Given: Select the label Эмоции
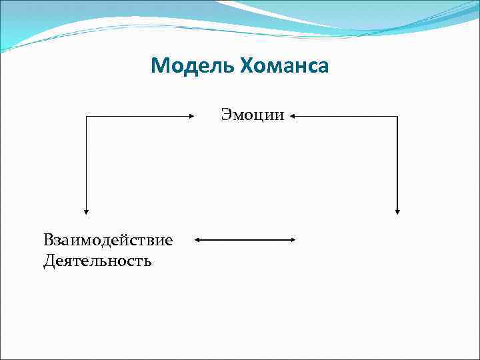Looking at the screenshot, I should click(253, 115).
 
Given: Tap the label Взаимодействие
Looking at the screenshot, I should click(108, 240).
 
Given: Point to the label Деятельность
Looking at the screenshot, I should click(97, 260).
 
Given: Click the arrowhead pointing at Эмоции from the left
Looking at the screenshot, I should click(190, 116).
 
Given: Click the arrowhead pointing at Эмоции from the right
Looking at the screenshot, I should click(293, 116).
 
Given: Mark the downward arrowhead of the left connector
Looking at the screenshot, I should click(86, 210).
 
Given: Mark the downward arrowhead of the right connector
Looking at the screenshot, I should click(397, 210).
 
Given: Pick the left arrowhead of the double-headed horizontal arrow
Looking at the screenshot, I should click(198, 240).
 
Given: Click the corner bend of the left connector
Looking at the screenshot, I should click(86, 116).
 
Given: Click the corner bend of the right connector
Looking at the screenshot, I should click(397, 116).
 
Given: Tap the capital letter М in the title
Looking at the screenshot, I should click(159, 66).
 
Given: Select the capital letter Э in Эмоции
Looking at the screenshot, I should click(226, 115).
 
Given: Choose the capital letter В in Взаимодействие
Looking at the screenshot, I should click(49, 240).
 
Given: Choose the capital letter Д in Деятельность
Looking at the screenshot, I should click(49, 260).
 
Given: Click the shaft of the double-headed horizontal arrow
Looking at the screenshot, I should click(245, 240).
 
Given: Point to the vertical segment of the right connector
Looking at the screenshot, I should click(397, 163).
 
